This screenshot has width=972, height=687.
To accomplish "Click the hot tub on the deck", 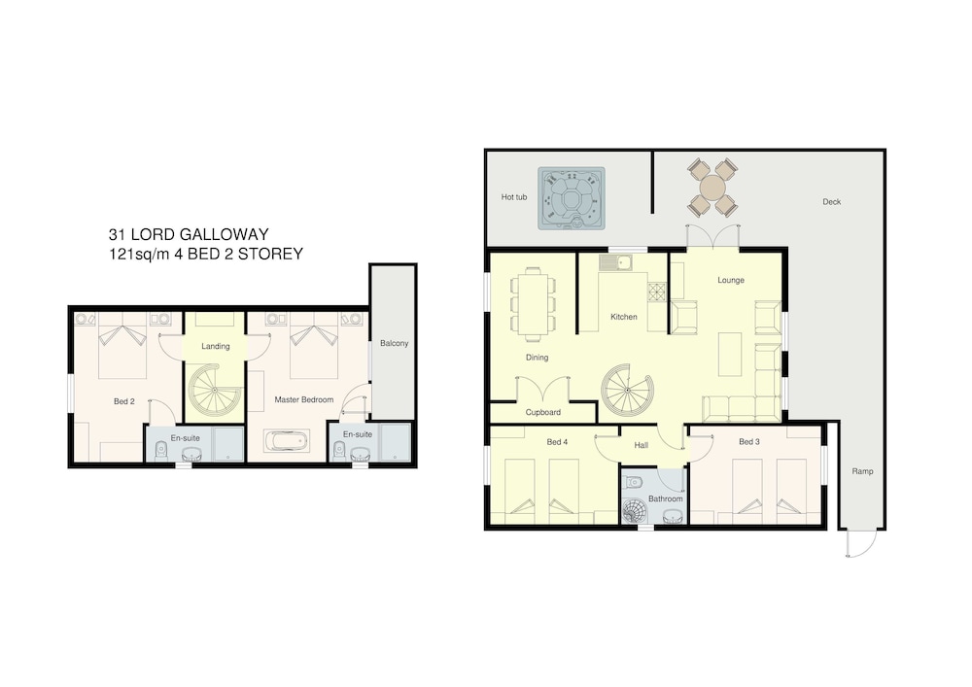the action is (x=572, y=198).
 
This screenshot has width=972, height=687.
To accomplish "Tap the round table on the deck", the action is (x=712, y=188).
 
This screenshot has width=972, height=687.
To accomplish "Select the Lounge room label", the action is (x=731, y=280).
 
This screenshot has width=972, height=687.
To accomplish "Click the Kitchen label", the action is (x=624, y=317).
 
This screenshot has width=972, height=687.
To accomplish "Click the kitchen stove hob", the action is (x=656, y=292).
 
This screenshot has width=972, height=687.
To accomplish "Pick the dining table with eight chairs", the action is (x=533, y=303).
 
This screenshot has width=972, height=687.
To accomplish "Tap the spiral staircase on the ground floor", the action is (x=626, y=391).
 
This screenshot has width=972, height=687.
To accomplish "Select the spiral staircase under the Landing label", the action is (x=215, y=391).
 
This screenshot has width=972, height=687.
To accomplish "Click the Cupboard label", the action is (x=543, y=412).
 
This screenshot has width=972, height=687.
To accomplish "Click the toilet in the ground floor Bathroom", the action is (x=634, y=480).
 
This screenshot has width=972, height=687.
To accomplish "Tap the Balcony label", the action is (x=395, y=343).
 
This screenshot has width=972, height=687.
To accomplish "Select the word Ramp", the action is (x=862, y=471).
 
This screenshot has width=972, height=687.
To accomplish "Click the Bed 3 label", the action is (x=748, y=442).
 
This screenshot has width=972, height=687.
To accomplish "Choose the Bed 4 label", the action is (x=557, y=442).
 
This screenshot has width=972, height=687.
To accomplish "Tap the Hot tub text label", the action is (x=514, y=197).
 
